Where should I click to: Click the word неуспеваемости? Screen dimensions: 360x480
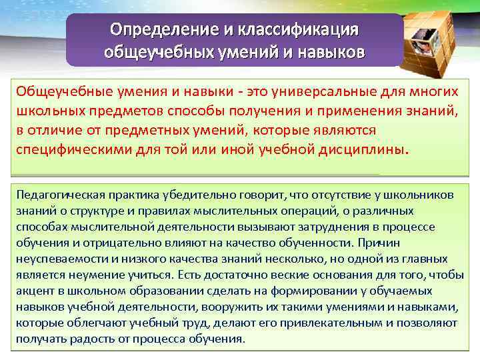(55, 259)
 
